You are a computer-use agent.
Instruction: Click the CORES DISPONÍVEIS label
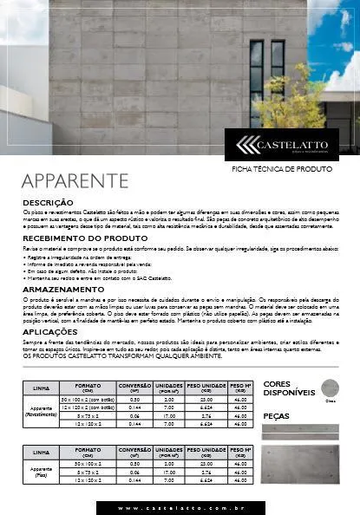[288, 388]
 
